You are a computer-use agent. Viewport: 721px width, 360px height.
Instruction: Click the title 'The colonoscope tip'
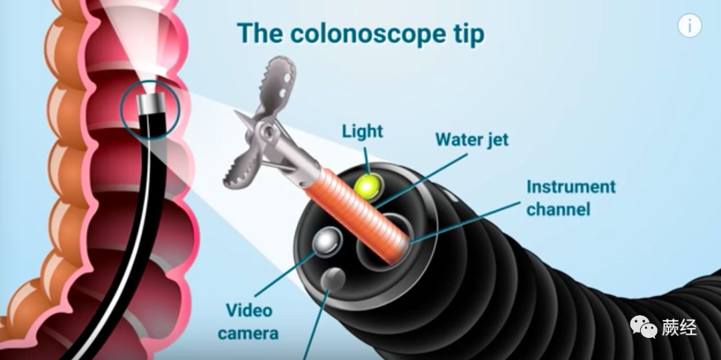pyautogui.click(x=361, y=33)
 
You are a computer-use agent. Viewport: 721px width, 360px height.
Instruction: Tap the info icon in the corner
pyautogui.click(x=690, y=26)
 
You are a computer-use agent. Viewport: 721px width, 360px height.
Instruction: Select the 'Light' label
pyautogui.click(x=363, y=131)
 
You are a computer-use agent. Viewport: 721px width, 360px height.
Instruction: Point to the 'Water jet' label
pyautogui.click(x=472, y=140)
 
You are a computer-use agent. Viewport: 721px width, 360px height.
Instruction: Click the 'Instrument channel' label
pyautogui.click(x=571, y=198)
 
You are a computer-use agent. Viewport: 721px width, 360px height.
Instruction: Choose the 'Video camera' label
pyautogui.click(x=248, y=321)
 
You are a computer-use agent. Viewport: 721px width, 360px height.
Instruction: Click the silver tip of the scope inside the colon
pyautogui.click(x=154, y=104)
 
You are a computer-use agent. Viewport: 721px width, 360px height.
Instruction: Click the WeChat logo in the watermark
pyautogui.click(x=644, y=327)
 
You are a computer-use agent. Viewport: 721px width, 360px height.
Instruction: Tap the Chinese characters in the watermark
pyautogui.click(x=680, y=327)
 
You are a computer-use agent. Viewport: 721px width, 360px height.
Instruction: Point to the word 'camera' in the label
pyautogui.click(x=248, y=333)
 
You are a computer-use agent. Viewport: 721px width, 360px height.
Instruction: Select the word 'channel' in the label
pyautogui.click(x=559, y=209)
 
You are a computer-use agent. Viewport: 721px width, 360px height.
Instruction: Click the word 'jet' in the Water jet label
pyautogui.click(x=495, y=140)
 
